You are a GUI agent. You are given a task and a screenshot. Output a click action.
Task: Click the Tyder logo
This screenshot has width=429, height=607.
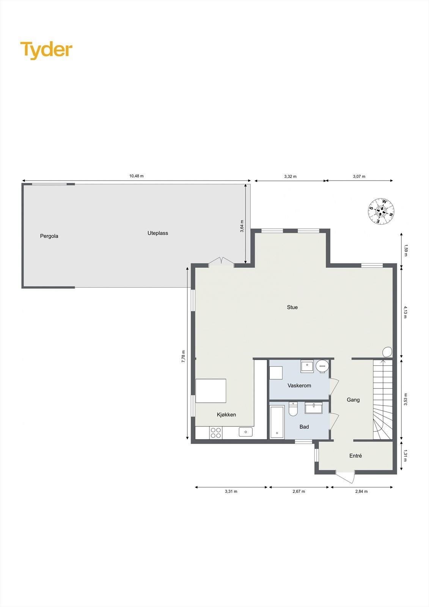tap(46, 50)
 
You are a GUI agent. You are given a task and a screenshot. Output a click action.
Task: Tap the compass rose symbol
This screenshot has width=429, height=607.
tap(381, 211)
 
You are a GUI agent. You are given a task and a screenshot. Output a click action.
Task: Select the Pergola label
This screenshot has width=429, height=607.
tap(49, 236)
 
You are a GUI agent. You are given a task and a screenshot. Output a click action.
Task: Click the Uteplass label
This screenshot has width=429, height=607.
tap(158, 233)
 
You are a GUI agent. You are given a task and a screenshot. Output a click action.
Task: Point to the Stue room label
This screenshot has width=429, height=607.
tap(292, 307)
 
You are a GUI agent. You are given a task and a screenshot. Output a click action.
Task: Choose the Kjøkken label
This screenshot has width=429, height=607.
tap(226, 415)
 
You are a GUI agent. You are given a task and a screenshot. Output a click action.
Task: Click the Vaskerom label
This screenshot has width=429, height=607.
tap(299, 385)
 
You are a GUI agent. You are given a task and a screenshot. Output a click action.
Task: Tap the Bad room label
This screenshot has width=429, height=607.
tap(304, 427)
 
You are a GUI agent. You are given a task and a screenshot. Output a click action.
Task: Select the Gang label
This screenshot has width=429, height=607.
tap(353, 400)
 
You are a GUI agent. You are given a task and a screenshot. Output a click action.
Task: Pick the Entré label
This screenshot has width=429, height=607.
tap(355, 456)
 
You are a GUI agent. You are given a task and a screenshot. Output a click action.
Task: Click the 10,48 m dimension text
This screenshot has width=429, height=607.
tap(137, 176)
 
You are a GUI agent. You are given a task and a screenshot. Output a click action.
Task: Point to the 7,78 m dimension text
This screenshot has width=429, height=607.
tap(184, 357)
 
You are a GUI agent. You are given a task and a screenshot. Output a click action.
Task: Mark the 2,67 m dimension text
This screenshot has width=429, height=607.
tap(299, 491)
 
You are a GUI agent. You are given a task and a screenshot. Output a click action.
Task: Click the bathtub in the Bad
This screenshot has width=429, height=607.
tap(277, 422)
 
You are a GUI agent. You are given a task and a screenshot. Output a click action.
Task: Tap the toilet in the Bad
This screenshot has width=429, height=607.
tap(293, 410)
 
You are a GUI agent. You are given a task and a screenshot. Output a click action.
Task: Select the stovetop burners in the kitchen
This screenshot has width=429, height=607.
tap(216, 433)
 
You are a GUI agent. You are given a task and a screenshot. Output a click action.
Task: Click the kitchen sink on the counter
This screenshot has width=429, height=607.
tap(245, 432)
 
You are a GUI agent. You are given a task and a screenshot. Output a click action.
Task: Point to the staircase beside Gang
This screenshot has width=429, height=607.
tap(382, 400)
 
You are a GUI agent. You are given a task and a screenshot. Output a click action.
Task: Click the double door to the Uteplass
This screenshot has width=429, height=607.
tap(221, 261)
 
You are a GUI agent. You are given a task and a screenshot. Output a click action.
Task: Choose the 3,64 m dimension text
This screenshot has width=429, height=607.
tap(242, 226)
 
